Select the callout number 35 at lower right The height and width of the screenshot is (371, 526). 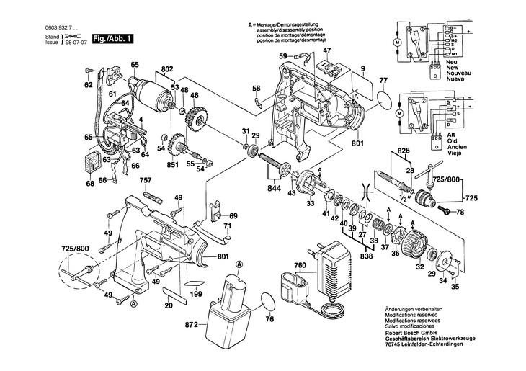coord(455,286)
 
